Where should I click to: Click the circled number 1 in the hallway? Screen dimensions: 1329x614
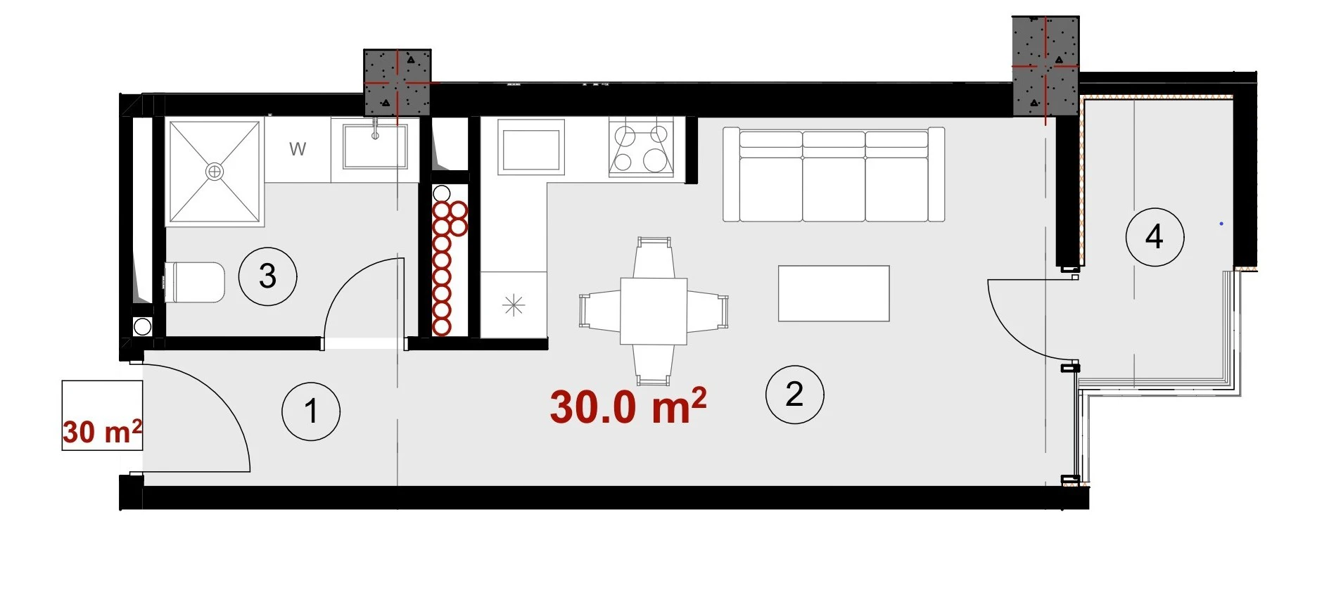(311, 411)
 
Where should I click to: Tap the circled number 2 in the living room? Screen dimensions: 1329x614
(794, 394)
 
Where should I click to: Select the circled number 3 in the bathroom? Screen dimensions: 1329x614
(267, 276)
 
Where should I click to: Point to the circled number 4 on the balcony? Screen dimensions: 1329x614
(1155, 236)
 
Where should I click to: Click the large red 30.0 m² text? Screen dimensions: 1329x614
(628, 406)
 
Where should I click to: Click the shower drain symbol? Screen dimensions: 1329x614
(215, 172)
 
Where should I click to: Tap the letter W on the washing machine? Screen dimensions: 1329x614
(298, 149)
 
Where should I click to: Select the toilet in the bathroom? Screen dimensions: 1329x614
(194, 282)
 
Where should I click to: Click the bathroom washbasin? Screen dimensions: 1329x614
(375, 146)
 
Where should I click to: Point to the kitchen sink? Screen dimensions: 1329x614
(531, 147)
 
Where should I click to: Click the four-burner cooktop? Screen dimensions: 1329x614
(641, 148)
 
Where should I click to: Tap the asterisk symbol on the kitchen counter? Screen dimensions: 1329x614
(514, 305)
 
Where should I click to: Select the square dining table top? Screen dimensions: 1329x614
(654, 311)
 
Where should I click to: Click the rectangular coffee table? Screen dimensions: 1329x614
(834, 293)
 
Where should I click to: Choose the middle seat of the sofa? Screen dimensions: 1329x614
(834, 176)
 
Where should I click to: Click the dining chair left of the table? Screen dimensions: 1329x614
(600, 311)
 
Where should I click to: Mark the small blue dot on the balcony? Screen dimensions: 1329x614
(1221, 224)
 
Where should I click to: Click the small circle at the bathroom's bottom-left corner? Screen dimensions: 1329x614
(142, 326)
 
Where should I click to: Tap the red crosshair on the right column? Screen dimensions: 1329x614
(1045, 68)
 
